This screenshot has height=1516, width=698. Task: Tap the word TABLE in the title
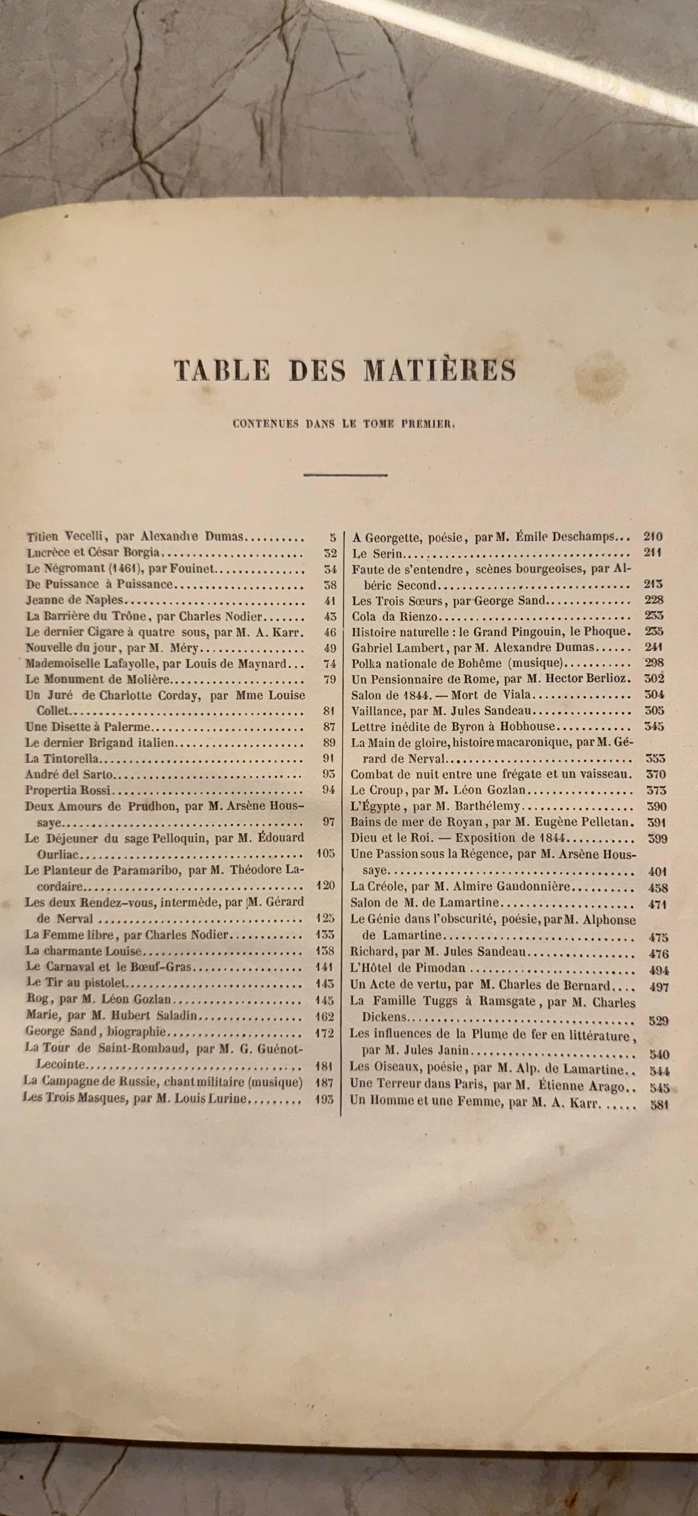coord(222,370)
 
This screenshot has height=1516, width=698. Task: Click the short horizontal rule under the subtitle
coord(345,474)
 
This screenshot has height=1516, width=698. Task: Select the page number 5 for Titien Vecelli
coord(332,537)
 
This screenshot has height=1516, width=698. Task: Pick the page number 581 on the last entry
coord(659,1105)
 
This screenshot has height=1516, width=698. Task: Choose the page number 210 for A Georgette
coord(653,536)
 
